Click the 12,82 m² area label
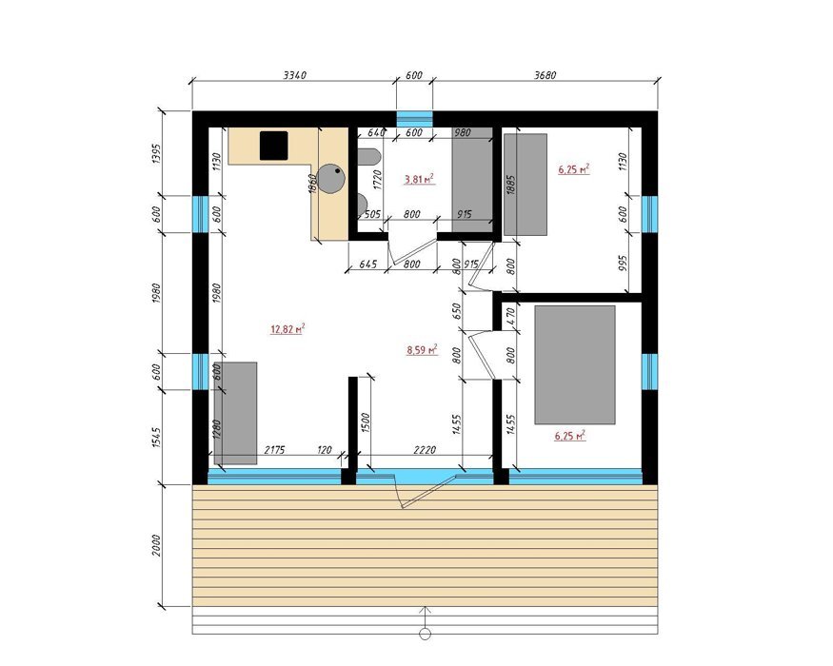288,329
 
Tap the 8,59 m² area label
423,349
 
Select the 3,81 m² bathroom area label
419,179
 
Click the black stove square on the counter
273,146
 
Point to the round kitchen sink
331,179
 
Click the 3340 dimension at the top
294,75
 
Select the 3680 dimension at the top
545,75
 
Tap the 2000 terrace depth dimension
156,545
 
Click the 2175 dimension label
274,450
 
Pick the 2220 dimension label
425,450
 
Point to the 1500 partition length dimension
366,422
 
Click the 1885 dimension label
511,185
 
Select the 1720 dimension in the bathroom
378,180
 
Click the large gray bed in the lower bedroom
575,364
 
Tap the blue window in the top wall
414,118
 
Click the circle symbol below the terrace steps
425,634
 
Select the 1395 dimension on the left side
156,153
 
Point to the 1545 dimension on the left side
156,437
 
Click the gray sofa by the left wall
235,413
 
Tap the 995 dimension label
624,263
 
